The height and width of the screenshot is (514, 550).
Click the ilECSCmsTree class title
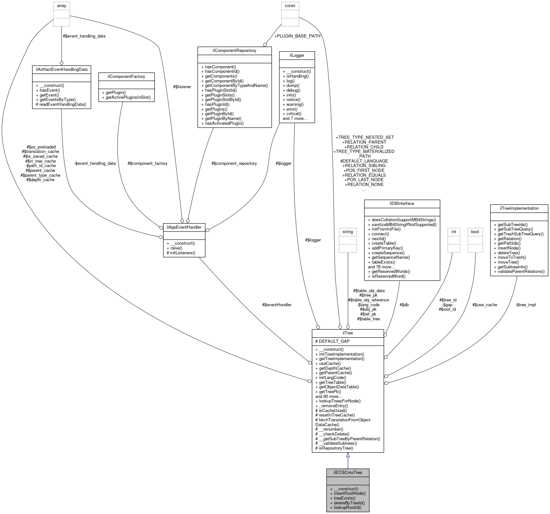(x=348, y=472)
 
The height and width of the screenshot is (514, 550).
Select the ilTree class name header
(x=348, y=333)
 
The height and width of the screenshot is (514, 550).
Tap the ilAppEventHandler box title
(x=184, y=227)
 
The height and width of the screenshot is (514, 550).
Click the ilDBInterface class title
(x=402, y=203)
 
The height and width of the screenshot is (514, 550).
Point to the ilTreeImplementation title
(x=519, y=208)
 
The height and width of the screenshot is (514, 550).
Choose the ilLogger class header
(x=297, y=55)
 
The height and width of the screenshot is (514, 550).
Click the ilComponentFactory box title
(x=126, y=76)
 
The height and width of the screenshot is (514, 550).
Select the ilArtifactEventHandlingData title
(x=62, y=69)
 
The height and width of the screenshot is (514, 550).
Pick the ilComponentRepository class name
(x=234, y=50)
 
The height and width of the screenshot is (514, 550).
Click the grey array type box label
(x=62, y=6)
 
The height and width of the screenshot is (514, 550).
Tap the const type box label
(x=290, y=6)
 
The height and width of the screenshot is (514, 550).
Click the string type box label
(x=348, y=232)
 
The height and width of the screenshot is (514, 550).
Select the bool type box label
(x=475, y=232)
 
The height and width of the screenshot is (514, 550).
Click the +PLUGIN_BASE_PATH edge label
(x=297, y=36)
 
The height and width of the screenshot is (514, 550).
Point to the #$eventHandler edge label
(x=277, y=305)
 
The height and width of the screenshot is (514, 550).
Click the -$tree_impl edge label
(x=525, y=305)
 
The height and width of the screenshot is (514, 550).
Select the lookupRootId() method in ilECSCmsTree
(x=347, y=507)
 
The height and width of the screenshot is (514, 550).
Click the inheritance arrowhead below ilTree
(x=348, y=455)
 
